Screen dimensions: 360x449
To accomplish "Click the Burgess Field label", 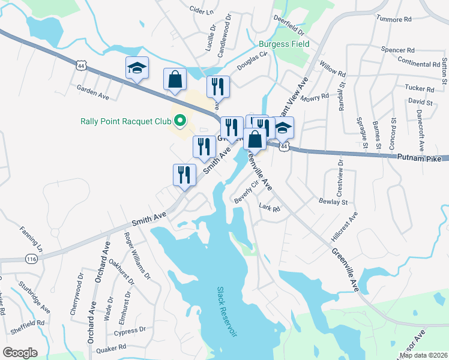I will (x=284, y=44).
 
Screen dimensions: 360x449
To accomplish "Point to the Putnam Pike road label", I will (x=419, y=158).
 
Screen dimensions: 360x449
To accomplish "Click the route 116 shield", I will (x=31, y=258).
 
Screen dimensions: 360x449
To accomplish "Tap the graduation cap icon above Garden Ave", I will (x=137, y=68).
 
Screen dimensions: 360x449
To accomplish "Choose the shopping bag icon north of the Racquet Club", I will (x=175, y=80).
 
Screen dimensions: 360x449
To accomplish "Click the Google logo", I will (x=20, y=352).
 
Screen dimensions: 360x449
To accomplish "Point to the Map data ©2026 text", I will (x=423, y=355).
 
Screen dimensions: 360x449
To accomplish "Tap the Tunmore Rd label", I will (x=394, y=19).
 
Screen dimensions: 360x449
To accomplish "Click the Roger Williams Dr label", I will (x=136, y=253).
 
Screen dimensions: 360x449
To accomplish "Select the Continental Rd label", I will (x=418, y=64).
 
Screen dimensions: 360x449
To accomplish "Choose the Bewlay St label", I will (x=334, y=202).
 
